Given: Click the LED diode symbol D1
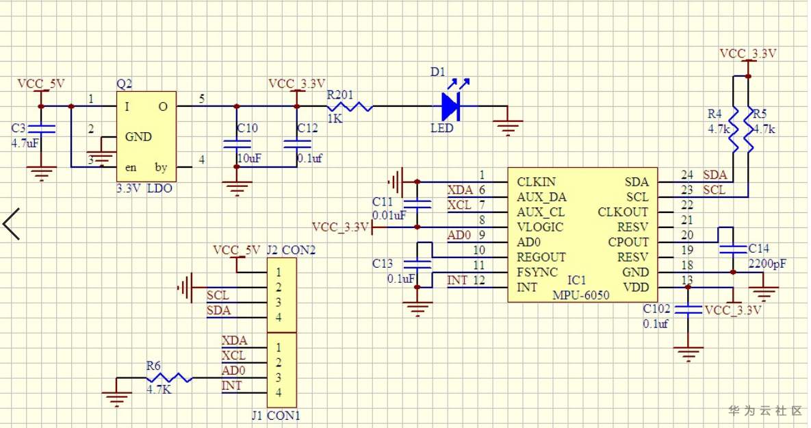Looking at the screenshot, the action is point(450,106).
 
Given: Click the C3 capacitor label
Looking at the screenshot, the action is point(18,128).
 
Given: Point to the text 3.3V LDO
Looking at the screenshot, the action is point(144,188).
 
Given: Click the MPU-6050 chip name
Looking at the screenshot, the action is point(581,295).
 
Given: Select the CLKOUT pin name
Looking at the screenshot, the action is point(623,212).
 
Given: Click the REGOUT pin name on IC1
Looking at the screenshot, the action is point(541,257).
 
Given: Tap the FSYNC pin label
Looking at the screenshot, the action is point(537,273).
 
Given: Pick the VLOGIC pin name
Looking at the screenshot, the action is point(540,227).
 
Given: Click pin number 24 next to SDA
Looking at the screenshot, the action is point(687,175).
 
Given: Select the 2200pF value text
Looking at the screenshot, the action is point(767,264).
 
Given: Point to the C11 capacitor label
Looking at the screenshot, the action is point(383,202).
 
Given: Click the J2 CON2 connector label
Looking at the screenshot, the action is point(291,250).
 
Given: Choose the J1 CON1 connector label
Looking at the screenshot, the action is point(276,415).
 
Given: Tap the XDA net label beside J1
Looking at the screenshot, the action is point(234,340).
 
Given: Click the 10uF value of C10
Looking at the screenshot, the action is point(249,158).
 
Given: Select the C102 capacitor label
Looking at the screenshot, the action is point(656,309).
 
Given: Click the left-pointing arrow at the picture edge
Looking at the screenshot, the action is point(11,224).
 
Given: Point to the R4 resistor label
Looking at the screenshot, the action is point(715,114).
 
